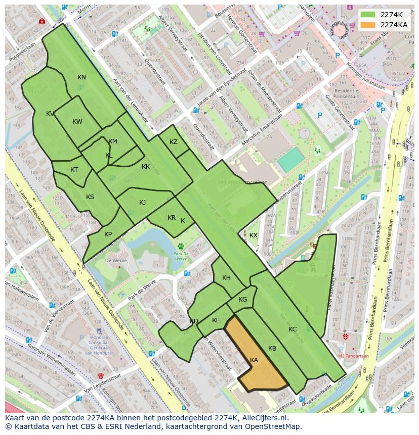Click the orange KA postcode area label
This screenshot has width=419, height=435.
point(254,360)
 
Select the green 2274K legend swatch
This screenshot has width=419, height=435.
point(368,15)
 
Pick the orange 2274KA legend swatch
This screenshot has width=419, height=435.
point(368,25)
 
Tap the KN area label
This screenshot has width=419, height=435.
point(81,77)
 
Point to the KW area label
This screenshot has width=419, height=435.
point(77,122)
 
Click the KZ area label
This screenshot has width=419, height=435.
point(174,142)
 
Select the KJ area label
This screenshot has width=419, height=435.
point(143,203)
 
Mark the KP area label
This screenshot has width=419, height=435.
point(108,234)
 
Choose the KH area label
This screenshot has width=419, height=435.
point(226,278)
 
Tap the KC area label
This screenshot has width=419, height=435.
point(292,329)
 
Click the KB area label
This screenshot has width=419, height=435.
point(272,349)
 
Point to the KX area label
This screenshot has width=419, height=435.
point(254,235)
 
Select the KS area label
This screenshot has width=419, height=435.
point(90,197)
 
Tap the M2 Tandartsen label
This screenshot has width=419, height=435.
point(353,356)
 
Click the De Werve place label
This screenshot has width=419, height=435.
point(115,261)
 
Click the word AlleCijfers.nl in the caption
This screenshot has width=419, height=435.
point(263,418)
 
